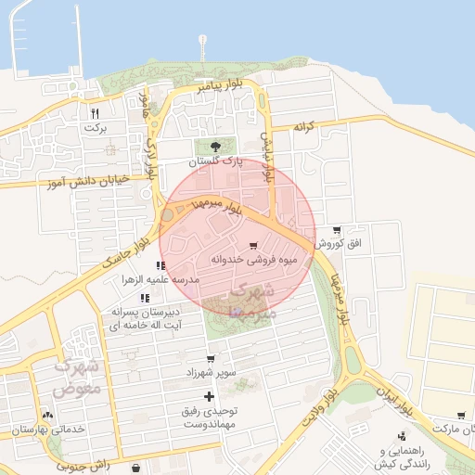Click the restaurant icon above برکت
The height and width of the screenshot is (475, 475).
95,113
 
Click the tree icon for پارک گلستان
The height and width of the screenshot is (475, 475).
216,146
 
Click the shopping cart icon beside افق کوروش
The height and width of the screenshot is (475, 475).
335,230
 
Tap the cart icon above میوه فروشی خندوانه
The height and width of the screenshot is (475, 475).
254,245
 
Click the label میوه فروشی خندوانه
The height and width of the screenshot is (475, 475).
253,260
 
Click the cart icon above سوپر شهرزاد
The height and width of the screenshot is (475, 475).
211,358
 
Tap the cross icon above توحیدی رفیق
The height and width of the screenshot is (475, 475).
221,396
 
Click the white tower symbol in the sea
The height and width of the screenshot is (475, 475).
202,44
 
